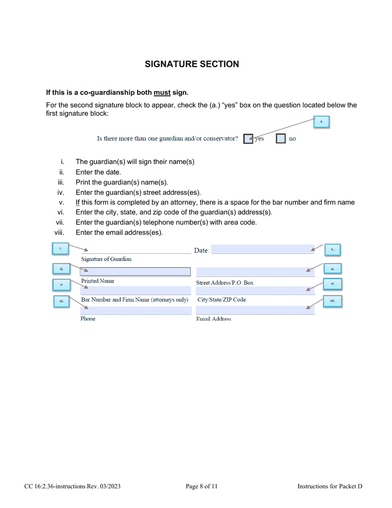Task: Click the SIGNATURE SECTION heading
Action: coord(192,64)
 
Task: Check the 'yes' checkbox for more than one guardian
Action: coord(248,139)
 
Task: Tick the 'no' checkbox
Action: coord(281,139)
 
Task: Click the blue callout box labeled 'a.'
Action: coord(321,122)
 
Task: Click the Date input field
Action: coord(262,249)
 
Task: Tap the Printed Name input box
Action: coord(135,271)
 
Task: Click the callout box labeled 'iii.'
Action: coord(61,269)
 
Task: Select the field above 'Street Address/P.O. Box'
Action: coord(255,271)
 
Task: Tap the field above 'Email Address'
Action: coord(255,310)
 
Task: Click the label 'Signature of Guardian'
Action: coord(106,259)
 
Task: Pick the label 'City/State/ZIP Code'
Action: coord(222,299)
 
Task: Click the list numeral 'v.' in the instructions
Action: coord(61,202)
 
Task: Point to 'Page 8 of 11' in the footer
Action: coord(201,487)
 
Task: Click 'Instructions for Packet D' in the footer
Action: coord(330,487)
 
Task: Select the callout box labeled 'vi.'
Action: coord(333,284)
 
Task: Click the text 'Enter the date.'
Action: coord(98,172)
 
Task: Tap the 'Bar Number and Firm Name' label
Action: coord(135,299)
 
